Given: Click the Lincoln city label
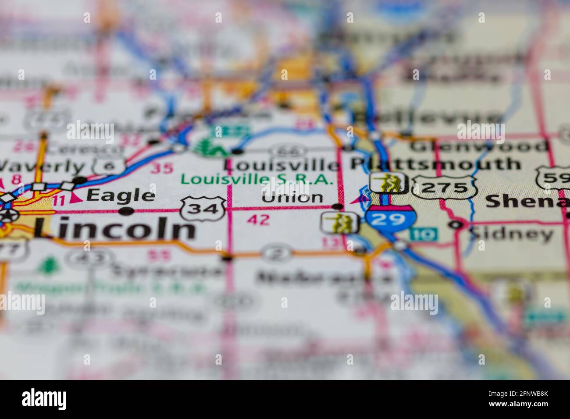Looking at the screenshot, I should [114, 229].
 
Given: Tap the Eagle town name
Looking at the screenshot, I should [121, 195].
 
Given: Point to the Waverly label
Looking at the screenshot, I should [42, 167].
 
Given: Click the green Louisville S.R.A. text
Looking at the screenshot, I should [257, 179].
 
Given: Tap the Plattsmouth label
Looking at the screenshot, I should [435, 164].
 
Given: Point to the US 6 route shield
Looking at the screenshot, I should [103, 166].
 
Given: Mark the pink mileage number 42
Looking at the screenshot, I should [258, 220].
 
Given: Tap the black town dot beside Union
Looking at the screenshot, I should [338, 206].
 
